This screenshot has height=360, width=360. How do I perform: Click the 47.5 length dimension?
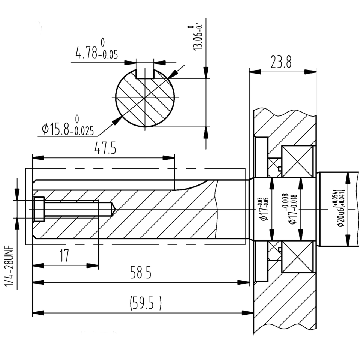pos(105,148)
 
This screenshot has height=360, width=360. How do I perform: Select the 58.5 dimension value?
pos(141,272)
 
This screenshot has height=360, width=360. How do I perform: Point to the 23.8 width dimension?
pos(281,62)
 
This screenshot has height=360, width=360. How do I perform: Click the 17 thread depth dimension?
pos(64,255)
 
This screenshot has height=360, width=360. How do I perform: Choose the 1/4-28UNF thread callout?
pos(9,267)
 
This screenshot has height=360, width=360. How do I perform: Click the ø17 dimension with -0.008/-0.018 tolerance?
pos(290,208)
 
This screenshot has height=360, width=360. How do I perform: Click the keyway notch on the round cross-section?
pos(145,73)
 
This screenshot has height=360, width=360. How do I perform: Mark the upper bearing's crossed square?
pos(297,162)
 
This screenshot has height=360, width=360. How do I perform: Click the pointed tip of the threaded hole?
pos(115,209)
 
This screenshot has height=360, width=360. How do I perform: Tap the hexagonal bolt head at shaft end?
pos(39,209)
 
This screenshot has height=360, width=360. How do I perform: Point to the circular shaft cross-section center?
pos(145,98)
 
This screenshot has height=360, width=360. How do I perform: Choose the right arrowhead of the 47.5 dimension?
pos(168,158)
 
